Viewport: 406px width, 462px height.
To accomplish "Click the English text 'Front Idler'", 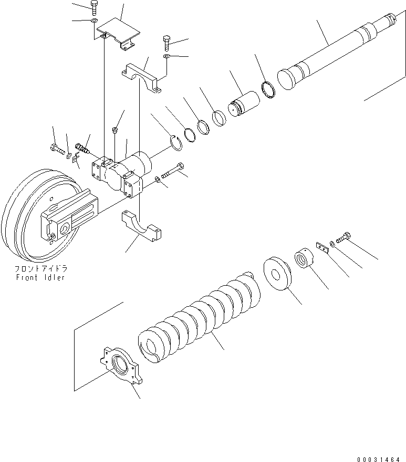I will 40,277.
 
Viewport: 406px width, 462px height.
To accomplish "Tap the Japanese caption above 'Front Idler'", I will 40,268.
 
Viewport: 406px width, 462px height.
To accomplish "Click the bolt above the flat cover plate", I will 93,7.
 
